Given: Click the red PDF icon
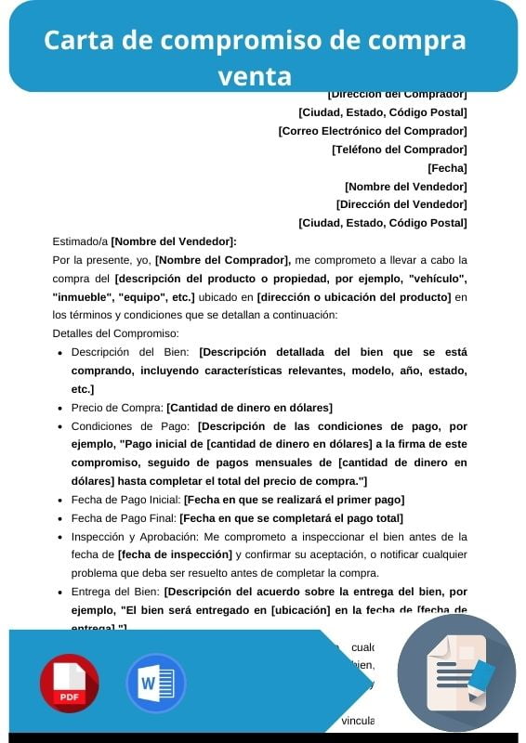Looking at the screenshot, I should (x=69, y=683).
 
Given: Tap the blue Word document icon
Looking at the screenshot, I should (x=155, y=683).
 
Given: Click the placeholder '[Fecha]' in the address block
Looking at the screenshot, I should (x=447, y=168).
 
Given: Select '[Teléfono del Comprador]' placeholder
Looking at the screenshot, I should (x=399, y=150).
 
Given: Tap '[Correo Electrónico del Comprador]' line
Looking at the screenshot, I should (x=372, y=131).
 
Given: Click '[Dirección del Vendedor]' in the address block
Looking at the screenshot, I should (x=401, y=204).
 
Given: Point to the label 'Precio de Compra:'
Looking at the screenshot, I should (x=117, y=408).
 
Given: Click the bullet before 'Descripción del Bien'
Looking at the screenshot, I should (x=60, y=353).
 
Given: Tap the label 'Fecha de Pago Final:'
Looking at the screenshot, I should (x=124, y=518).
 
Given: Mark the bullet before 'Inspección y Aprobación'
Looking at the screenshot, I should (x=60, y=537).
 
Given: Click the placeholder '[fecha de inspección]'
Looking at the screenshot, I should (x=175, y=554).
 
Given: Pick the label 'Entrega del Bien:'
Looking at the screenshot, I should (x=116, y=592).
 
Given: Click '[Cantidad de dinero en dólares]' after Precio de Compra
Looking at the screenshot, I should (x=249, y=408).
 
